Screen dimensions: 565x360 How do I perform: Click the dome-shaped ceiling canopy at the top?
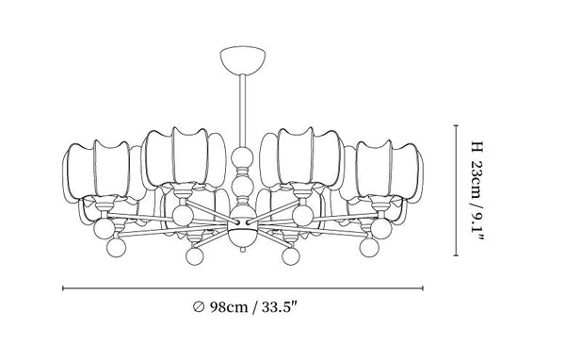point(243,59)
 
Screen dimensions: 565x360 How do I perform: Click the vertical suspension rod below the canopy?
point(243,111)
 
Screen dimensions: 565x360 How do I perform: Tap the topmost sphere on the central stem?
point(242,157)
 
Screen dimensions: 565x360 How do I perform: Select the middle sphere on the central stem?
point(242,185)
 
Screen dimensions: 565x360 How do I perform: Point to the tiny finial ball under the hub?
point(243,249)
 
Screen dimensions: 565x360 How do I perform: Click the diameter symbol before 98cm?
point(198,307)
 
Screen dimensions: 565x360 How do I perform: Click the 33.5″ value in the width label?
point(279,307)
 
